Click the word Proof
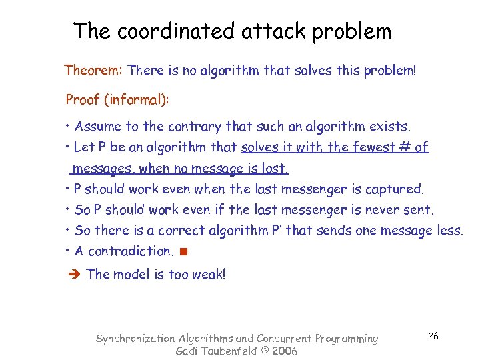(81, 100)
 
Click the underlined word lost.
(275, 168)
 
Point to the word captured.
(393, 189)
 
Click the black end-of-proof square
(183, 252)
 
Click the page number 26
(433, 336)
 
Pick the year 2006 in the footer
(284, 351)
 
